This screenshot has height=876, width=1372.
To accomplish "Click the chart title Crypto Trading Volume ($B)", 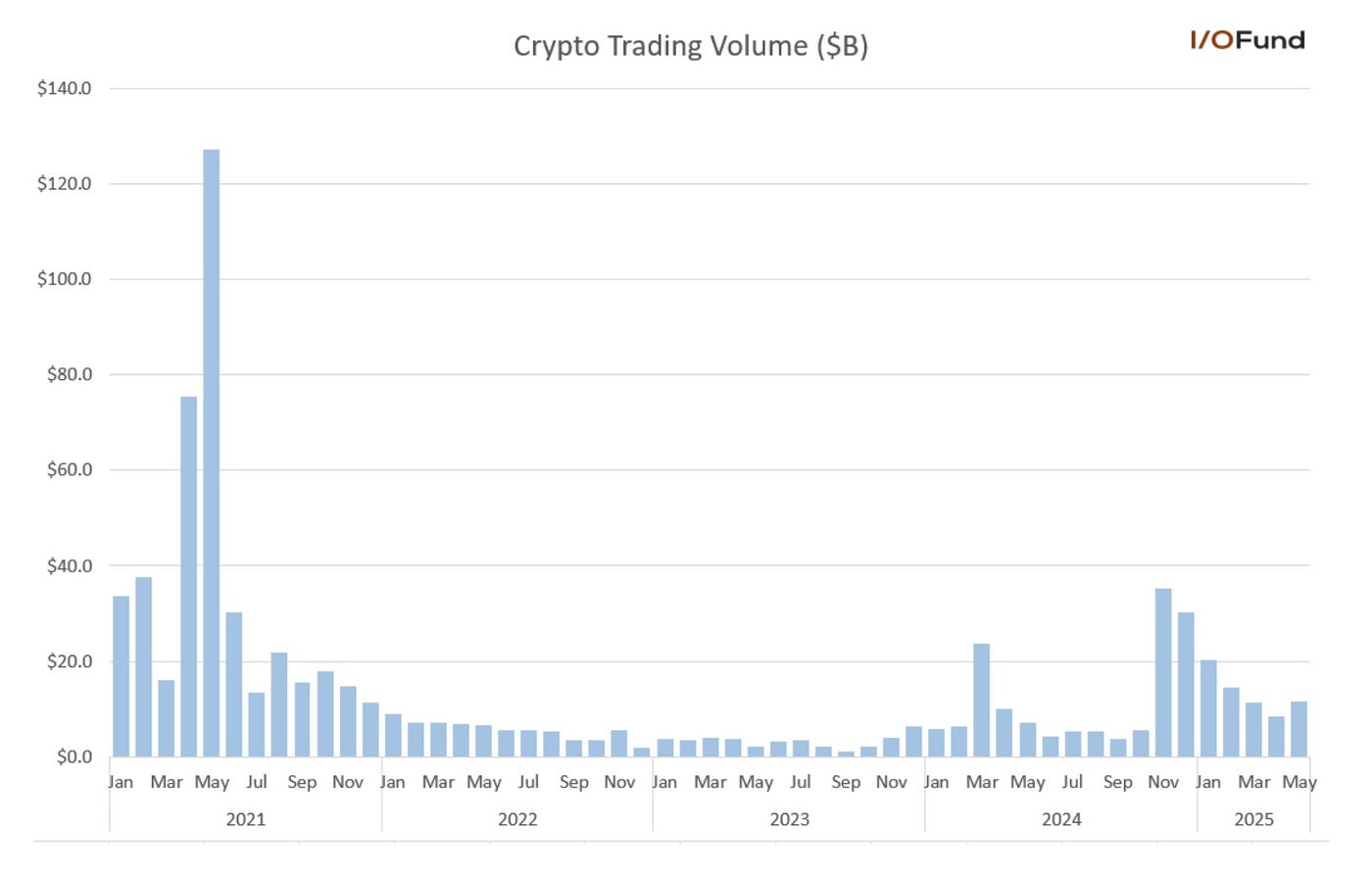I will coord(690,46).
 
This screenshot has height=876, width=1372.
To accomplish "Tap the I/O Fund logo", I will coord(1247,40).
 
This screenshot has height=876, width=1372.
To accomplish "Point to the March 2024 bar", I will coord(981,700).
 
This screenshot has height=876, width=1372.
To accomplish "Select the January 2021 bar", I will coord(121,676).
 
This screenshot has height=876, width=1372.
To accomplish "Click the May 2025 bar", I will coord(1298,729).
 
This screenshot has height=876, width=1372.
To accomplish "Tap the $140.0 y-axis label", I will coord(64,88).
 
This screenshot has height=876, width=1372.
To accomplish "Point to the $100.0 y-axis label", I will coord(64,279).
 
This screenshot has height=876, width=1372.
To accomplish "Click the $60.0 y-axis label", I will coord(69,469).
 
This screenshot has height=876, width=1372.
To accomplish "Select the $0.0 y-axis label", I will coord(73,756).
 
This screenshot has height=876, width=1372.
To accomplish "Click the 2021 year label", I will coord(245,819).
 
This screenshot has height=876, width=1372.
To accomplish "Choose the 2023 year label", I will coord(789,819).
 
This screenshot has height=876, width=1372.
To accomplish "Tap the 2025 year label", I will coord(1253,819).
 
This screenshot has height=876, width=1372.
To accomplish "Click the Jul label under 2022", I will coord(528,782).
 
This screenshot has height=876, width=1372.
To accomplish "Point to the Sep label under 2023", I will coord(846,782).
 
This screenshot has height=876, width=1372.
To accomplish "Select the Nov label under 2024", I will coord(1163,782).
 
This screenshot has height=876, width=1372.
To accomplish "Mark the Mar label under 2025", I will coord(1253,782).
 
